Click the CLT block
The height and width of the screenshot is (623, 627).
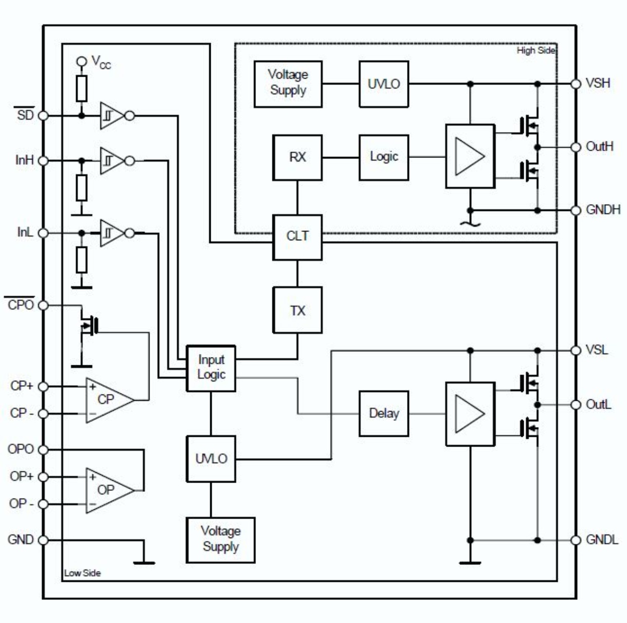pyautogui.click(x=298, y=237)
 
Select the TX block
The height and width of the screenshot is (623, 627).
pyautogui.click(x=298, y=310)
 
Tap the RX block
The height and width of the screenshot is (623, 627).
pyautogui.click(x=298, y=157)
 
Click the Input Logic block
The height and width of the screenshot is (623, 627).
pyautogui.click(x=211, y=368)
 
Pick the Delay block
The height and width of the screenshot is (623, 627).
pyautogui.click(x=384, y=414)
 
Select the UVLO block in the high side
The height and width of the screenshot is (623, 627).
pyautogui.click(x=384, y=84)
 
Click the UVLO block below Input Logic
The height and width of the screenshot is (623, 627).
pyautogui.click(x=211, y=459)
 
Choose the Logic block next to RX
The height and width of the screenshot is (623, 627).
pyautogui.click(x=384, y=157)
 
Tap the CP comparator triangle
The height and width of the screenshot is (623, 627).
pyautogui.click(x=109, y=400)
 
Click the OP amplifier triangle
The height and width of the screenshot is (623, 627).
pyautogui.click(x=109, y=490)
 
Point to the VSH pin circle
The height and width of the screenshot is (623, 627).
pyautogui.click(x=576, y=84)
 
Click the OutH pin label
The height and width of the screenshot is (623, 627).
pyautogui.click(x=599, y=147)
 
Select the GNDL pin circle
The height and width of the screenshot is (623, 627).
pyautogui.click(x=576, y=540)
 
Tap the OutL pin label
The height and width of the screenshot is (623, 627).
pyautogui.click(x=598, y=405)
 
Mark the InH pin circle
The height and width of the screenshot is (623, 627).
pyautogui.click(x=43, y=161)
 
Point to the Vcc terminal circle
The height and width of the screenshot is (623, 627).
pyautogui.click(x=82, y=61)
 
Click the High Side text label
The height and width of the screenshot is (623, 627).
pyautogui.click(x=536, y=50)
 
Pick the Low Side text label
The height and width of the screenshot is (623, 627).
pyautogui.click(x=82, y=573)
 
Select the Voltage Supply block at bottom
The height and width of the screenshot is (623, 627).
pyautogui.click(x=220, y=540)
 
